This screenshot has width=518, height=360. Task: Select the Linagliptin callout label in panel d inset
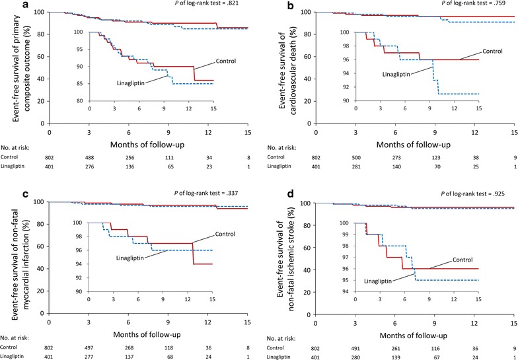pyautogui.click(x=380, y=281)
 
